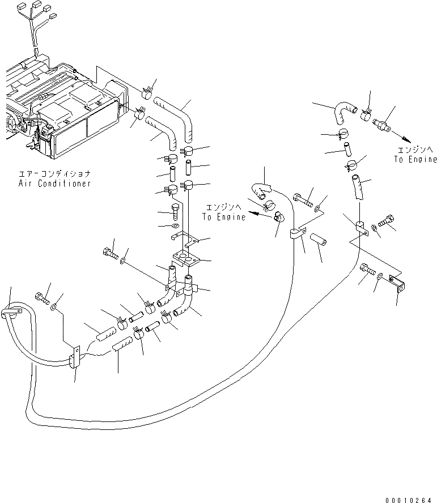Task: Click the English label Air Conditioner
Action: click(55, 184)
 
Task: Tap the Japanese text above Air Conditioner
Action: click(55, 174)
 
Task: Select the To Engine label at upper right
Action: click(415, 160)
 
